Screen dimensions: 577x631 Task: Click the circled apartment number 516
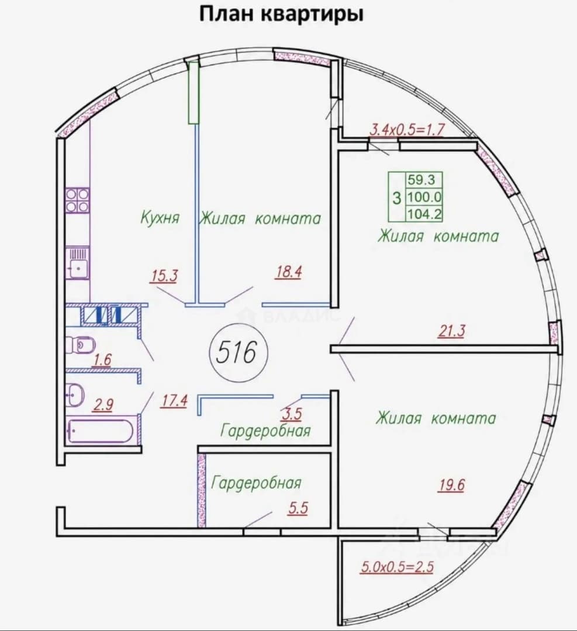(237, 352)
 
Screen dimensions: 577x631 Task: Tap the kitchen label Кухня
(160, 218)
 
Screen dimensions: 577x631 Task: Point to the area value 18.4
(288, 272)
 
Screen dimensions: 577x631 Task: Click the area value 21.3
(451, 331)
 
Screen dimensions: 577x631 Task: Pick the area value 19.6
(451, 486)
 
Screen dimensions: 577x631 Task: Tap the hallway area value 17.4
(174, 401)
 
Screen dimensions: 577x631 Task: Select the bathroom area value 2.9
(103, 404)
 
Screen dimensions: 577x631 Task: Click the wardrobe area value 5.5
(298, 508)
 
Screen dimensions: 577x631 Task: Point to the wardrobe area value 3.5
(292, 414)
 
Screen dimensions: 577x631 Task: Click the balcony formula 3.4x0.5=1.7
(407, 130)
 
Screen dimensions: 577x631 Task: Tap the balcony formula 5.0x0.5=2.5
(397, 567)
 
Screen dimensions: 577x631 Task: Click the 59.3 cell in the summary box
(421, 179)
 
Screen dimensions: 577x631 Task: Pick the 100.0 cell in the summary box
(424, 197)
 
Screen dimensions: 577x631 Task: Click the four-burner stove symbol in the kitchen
(78, 200)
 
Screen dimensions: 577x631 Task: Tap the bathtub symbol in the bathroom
(101, 431)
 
